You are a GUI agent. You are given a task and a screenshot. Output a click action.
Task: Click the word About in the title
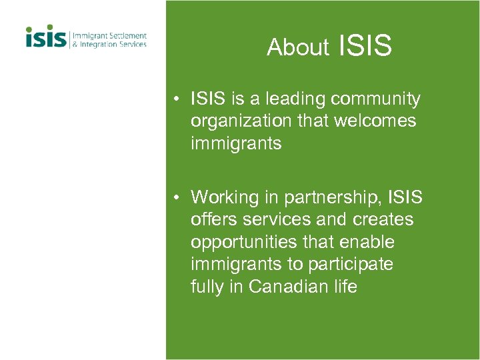298,47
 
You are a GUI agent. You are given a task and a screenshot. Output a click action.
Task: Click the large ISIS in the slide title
365,46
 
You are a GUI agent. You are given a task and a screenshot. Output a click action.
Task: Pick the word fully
209,287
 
